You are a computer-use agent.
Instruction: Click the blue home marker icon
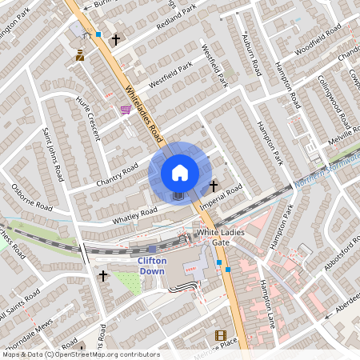[180, 172]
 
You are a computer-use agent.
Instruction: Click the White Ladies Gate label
[225, 237]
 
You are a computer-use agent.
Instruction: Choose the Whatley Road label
[135, 214]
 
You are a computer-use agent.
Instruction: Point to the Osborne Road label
[32, 200]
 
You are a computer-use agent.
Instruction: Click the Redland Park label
[175, 21]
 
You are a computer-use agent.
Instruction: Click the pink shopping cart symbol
[125, 110]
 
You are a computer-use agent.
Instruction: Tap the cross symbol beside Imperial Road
[214, 186]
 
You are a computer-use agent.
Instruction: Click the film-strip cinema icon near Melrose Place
[221, 336]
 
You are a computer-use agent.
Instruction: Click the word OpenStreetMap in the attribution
[87, 354]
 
